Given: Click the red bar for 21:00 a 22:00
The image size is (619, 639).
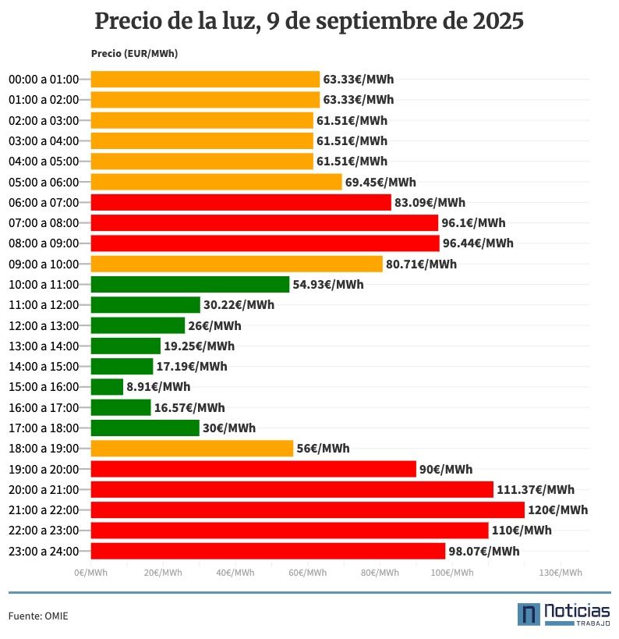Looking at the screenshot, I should click(307, 510).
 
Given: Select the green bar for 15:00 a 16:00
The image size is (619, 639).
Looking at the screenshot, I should click(107, 387).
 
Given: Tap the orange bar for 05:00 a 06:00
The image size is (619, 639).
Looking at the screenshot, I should click(216, 182).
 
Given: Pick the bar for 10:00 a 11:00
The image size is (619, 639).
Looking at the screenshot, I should click(189, 285).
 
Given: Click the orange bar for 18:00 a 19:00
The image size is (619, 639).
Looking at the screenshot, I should click(192, 449).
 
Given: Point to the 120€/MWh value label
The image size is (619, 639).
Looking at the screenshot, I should click(557, 510).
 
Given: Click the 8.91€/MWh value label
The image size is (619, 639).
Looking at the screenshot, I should click(158, 387).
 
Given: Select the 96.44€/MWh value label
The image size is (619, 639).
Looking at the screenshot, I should click(478, 243).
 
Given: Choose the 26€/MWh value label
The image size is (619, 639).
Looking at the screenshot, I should click(214, 325).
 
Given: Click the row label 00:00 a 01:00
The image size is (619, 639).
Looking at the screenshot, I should click(44, 80).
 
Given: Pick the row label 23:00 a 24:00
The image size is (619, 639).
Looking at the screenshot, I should click(44, 552).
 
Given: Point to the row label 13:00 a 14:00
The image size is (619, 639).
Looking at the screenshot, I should click(44, 346).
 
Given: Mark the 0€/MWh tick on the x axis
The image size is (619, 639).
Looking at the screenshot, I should click(91, 573).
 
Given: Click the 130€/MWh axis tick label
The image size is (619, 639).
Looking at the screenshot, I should click(561, 573).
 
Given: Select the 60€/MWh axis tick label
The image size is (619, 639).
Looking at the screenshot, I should click(307, 573).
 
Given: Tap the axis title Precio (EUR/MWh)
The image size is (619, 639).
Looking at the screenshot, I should click(134, 54).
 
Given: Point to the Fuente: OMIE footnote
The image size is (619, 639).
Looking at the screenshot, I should click(38, 616).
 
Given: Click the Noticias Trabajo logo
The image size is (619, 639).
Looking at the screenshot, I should click(563, 613).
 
